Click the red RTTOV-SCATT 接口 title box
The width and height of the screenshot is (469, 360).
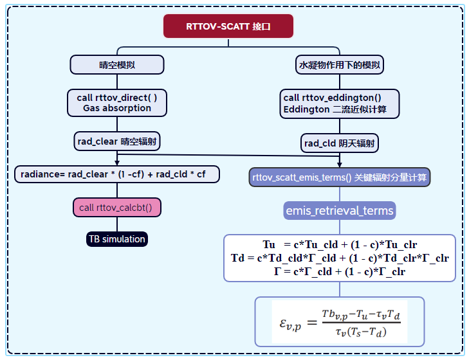[228, 27]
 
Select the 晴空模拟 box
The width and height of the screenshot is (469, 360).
[116, 64]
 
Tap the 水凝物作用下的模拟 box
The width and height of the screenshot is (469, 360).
[339, 64]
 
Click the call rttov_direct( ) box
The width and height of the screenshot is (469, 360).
[116, 102]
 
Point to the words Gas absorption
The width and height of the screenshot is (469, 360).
[117, 108]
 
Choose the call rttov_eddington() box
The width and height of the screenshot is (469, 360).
[339, 103]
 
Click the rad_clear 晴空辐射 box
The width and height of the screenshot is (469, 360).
[116, 141]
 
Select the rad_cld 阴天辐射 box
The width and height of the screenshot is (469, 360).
[339, 143]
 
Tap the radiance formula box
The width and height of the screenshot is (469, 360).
[116, 174]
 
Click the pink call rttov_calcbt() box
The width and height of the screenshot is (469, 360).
[116, 207]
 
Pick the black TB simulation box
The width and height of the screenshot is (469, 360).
[116, 239]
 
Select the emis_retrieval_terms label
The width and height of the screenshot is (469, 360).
[339, 210]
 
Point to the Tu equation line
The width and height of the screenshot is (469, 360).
[340, 246]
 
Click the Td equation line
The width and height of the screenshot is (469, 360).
[340, 258]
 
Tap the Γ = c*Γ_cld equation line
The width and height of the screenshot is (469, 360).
[340, 271]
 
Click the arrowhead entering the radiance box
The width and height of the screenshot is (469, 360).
[116, 164]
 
